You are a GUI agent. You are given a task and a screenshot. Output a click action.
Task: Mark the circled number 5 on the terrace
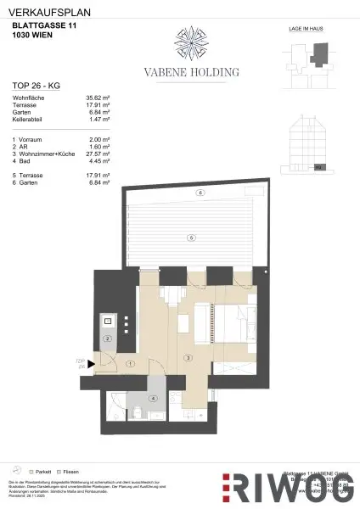(194, 237)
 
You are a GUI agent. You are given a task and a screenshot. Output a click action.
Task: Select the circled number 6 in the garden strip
(200, 193)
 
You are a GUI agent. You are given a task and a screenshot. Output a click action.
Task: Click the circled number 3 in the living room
(187, 359)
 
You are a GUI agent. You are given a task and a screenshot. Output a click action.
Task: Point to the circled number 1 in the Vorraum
(130, 363)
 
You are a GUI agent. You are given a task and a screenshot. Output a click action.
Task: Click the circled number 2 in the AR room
(109, 338)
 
